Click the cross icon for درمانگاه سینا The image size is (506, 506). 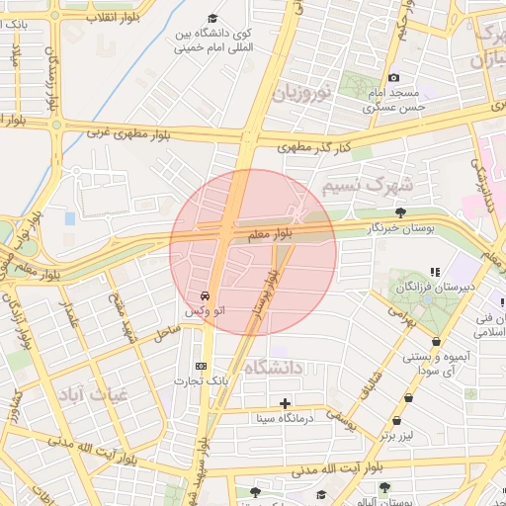(286, 402)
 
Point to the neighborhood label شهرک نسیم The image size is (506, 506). (360, 185)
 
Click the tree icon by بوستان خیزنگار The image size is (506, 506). (399, 212)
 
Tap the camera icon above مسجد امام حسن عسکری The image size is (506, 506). (393, 78)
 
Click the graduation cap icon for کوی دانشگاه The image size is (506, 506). (213, 19)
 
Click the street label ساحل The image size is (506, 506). (164, 336)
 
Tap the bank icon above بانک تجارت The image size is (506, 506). (202, 366)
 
